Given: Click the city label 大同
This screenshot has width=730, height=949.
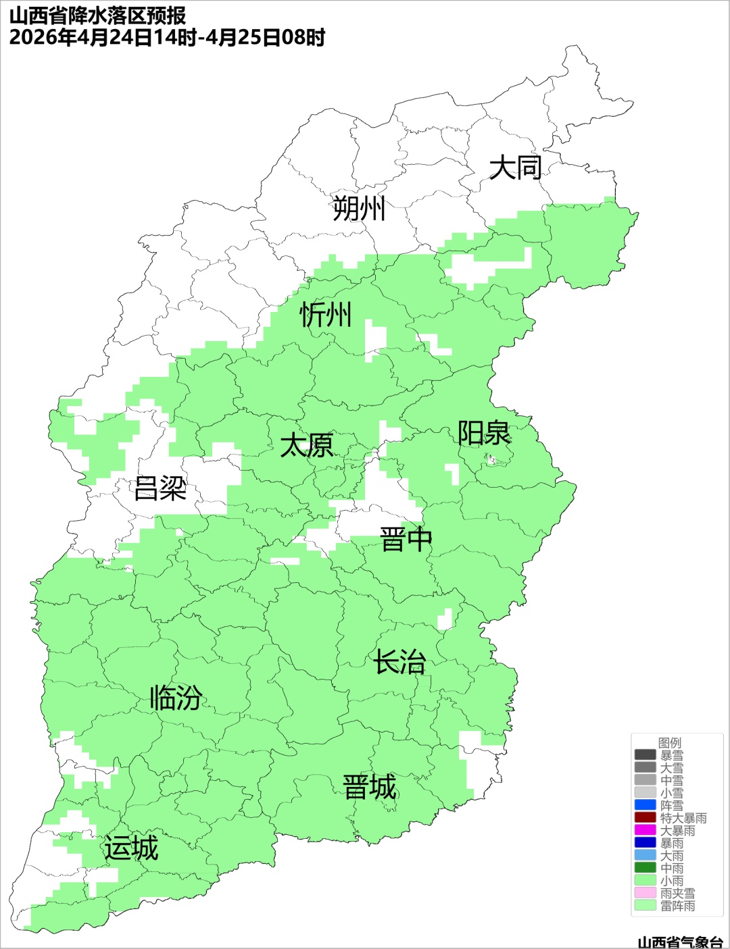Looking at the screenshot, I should [515, 168].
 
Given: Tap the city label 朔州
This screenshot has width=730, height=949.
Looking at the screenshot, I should [359, 208].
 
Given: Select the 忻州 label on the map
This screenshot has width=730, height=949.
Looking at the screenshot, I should [326, 315].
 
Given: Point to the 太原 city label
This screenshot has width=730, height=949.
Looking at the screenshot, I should [307, 446].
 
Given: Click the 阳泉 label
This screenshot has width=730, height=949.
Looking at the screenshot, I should [484, 433].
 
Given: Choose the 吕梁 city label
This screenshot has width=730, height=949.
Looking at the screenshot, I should [160, 488].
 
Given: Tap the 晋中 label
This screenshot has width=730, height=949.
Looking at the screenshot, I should [406, 540].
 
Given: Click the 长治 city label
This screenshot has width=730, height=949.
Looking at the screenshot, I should [400, 662].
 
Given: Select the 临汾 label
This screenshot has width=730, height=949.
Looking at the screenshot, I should [176, 698].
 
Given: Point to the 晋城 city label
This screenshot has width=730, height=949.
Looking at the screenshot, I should [370, 788].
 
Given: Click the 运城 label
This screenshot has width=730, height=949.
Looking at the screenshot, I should [131, 848].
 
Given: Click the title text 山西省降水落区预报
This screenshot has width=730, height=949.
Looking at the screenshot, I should [98, 15].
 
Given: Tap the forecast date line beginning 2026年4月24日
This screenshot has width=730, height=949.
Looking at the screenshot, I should [167, 37].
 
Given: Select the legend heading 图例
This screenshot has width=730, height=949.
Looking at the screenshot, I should [670, 742].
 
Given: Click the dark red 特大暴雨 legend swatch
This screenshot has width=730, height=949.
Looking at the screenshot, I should [645, 818].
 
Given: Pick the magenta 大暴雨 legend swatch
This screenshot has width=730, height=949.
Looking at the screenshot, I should [645, 830].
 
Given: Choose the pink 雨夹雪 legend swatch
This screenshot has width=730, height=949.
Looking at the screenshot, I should [645, 893].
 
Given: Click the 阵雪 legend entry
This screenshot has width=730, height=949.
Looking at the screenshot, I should [671, 805].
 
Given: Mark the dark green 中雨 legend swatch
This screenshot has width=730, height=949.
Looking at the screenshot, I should [645, 868].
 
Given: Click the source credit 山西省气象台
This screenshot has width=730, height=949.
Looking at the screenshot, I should [680, 942].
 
